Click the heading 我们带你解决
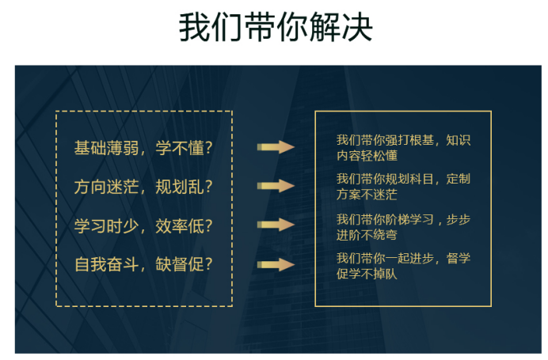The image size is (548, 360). [276, 27]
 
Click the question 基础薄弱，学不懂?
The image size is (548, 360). [143, 148]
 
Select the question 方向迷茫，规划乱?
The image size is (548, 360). [143, 187]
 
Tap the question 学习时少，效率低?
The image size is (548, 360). [143, 226]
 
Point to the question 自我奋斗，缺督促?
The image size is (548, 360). [143, 264]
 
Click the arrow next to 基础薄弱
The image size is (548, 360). [276, 147]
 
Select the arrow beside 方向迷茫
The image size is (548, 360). [276, 186]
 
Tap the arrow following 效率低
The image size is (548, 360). [276, 225]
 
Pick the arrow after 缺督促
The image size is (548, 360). [276, 265]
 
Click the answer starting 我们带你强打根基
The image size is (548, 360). [403, 148]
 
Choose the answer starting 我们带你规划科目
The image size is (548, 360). [403, 187]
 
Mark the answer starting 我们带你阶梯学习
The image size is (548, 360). [403, 227]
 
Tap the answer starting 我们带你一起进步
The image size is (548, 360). [403, 266]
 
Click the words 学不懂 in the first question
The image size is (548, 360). [180, 148]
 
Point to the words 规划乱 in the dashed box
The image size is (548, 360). [180, 187]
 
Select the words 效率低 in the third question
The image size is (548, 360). [180, 226]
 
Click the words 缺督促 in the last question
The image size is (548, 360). [180, 264]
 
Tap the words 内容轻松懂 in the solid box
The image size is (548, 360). [367, 155]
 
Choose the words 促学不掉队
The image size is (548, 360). [367, 274]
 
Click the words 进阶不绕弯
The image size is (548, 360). [367, 235]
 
